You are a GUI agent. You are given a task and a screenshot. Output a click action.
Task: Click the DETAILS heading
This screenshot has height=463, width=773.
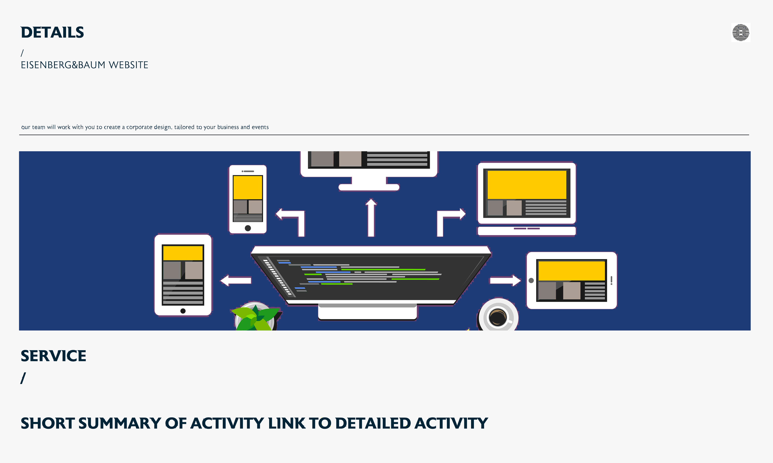coord(52,32)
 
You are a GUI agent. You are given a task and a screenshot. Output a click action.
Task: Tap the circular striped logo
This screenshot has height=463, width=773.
coord(741,32)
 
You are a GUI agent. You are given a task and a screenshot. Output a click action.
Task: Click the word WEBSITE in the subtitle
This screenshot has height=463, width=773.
coord(128,65)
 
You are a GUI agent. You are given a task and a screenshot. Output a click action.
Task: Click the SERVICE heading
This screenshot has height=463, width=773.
coord(53,356)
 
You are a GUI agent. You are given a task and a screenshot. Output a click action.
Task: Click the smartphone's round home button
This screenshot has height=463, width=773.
coord(248,228)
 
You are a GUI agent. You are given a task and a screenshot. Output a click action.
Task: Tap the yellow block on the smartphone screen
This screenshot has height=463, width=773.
coord(248,188)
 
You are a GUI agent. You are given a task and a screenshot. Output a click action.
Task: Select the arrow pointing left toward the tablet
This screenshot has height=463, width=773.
coord(236,280)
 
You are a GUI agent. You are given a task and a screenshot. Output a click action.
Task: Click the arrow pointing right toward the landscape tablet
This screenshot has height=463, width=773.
coord(505,280)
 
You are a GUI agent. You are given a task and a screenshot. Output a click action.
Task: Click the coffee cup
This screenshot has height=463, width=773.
coord(498,317)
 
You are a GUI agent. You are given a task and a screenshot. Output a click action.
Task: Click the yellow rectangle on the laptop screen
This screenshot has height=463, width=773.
coord(527,185)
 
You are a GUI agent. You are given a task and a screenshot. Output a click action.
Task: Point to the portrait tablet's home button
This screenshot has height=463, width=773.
coord(183,311)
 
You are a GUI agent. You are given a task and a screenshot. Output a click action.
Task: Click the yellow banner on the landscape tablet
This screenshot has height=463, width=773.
coord(571,271)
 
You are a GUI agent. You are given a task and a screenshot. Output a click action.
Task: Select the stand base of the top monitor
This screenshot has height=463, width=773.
coord(369,187)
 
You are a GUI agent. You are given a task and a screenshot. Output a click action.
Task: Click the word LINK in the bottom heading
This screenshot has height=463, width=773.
coord(286,423)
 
